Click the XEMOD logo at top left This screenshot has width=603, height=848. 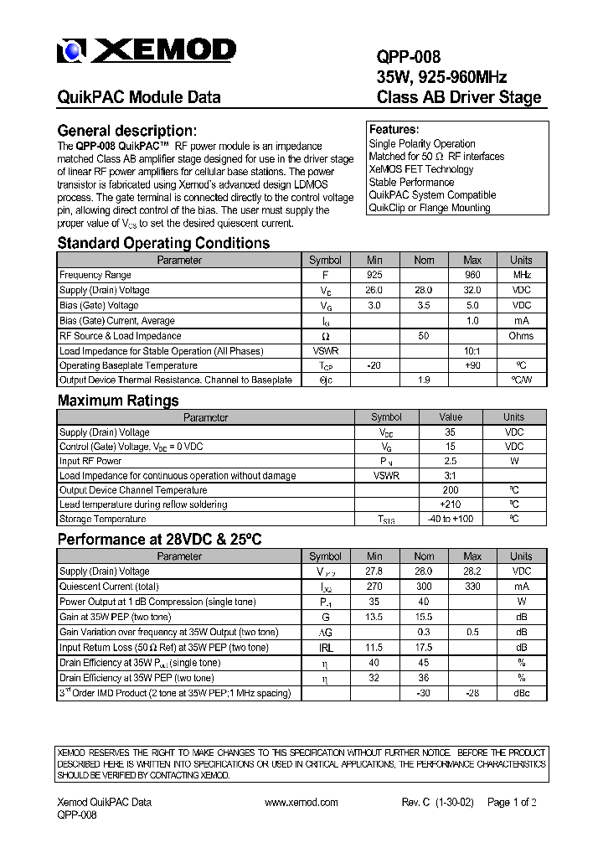click(x=146, y=52)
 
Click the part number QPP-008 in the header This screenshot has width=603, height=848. click(x=408, y=57)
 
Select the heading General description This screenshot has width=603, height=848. click(x=126, y=131)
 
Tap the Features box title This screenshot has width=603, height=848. click(x=394, y=130)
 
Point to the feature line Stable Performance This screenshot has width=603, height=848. click(x=411, y=182)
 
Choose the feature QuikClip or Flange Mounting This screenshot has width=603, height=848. click(x=430, y=208)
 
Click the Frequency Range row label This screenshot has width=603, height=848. click(x=95, y=275)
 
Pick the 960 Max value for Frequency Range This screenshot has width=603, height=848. click(x=472, y=275)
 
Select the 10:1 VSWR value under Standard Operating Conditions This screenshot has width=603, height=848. click(x=472, y=351)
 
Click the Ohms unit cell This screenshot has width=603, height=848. click(x=521, y=336)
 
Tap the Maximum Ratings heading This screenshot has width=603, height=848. click(x=118, y=401)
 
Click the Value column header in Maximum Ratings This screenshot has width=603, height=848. click(x=451, y=416)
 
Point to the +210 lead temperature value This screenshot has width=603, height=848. click(x=451, y=504)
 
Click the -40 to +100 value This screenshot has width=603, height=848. click(x=451, y=520)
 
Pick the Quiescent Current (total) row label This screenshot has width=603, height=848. click(x=109, y=587)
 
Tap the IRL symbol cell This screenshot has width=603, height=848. click(x=325, y=648)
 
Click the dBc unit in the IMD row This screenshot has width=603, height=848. click(x=521, y=693)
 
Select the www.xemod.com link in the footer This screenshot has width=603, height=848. click(x=301, y=802)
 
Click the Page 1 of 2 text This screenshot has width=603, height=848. click(x=512, y=802)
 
